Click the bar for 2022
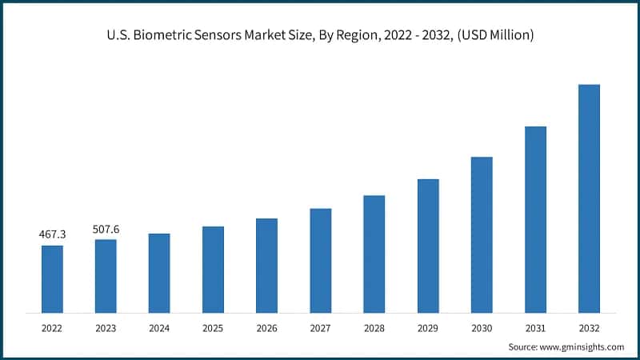52,278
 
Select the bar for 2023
106,275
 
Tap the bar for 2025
213,269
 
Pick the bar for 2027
320,260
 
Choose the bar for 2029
428,246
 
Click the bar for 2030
482,234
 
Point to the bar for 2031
535,219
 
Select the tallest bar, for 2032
589,198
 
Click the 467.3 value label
52,234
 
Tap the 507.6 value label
106,229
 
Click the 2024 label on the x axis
159,327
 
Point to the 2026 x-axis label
266,327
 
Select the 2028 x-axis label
374,327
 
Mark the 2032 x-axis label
589,327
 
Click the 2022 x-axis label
52,327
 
